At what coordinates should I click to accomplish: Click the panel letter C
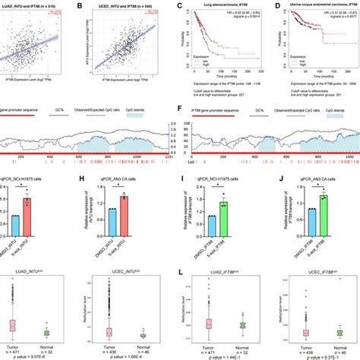tap(179, 5)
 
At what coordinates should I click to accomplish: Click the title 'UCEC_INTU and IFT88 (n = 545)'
tap(132, 5)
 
